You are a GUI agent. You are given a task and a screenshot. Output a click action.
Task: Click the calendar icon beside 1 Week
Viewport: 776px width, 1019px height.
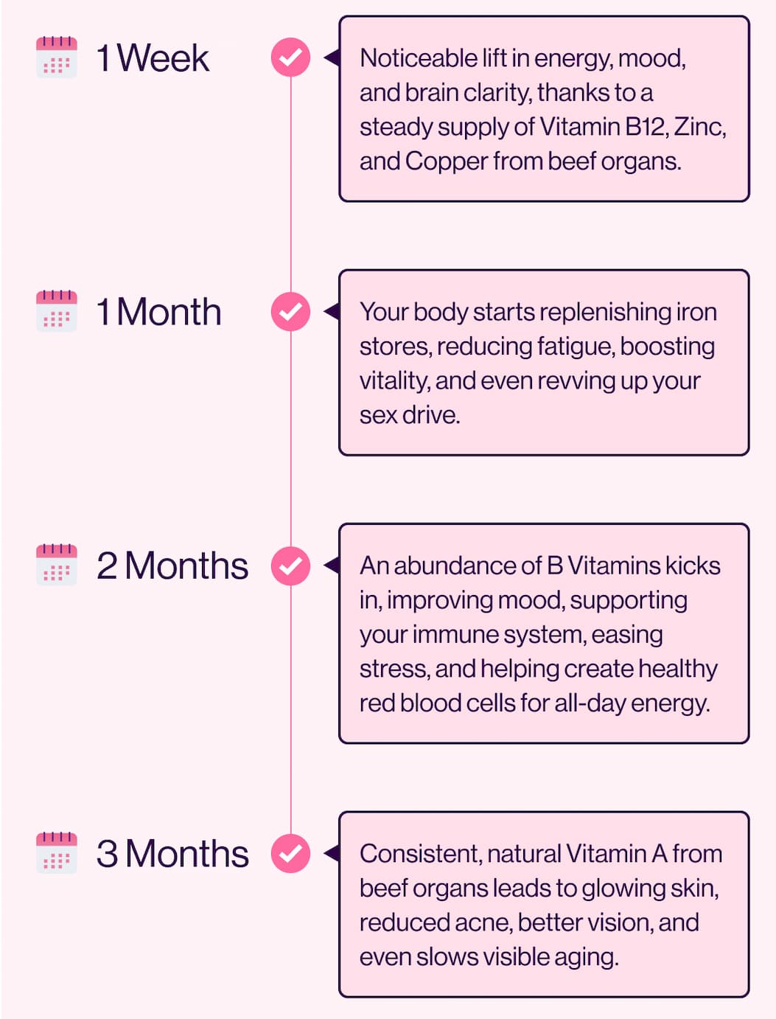tap(57, 57)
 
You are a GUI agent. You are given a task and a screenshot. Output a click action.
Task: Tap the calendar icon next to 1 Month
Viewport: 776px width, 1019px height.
tap(57, 311)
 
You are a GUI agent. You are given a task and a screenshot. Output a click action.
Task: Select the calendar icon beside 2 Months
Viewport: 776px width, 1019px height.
tap(57, 565)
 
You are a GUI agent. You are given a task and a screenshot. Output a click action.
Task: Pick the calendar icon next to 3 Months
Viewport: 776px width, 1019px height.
tap(57, 853)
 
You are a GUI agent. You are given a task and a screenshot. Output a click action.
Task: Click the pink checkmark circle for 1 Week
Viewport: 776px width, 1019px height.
tap(290, 57)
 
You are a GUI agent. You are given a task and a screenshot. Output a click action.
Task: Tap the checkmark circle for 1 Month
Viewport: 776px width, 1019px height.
tap(290, 311)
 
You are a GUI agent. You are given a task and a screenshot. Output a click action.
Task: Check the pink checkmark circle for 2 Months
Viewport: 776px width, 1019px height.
tap(290, 566)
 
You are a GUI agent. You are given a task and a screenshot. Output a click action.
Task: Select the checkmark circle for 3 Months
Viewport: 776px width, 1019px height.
tap(290, 853)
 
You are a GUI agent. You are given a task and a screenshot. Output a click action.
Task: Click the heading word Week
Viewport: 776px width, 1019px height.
tap(164, 58)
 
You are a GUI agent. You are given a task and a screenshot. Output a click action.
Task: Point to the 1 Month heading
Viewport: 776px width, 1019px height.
tap(158, 311)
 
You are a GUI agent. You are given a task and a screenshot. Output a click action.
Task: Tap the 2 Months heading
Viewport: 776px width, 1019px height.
tap(172, 566)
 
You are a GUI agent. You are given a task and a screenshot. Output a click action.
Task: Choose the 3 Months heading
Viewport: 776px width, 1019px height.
tap(172, 853)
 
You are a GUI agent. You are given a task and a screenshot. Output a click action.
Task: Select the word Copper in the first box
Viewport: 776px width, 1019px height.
tap(446, 162)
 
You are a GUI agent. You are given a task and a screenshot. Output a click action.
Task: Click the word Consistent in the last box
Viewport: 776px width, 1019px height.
tap(421, 854)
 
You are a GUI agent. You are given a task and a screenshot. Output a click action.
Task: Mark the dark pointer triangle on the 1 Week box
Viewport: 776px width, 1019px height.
tap(332, 58)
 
